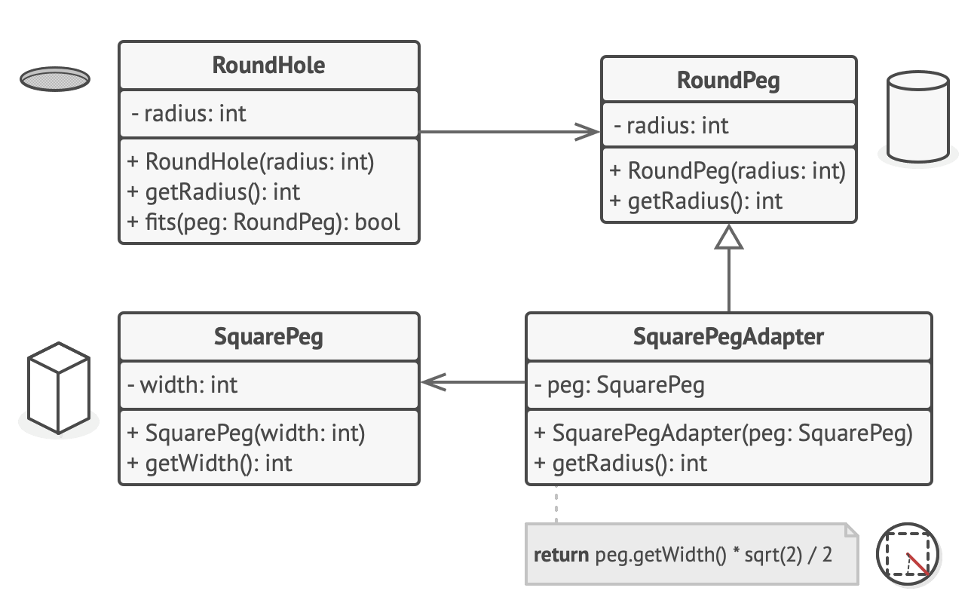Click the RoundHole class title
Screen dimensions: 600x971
268,66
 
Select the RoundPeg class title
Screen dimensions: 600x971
727,80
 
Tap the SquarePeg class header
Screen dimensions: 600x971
268,336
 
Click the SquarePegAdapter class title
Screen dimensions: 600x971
727,336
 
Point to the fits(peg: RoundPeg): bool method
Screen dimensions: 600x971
264,222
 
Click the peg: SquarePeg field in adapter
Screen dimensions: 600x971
619,386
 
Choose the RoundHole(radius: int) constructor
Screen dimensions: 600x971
251,162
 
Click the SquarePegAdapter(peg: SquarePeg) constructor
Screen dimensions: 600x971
724,434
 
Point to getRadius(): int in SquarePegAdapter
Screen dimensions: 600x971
620,463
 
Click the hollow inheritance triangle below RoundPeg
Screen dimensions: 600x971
729,237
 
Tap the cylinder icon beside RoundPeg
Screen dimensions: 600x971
917,116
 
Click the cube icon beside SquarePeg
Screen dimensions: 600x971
59,387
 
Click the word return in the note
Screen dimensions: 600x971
561,556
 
